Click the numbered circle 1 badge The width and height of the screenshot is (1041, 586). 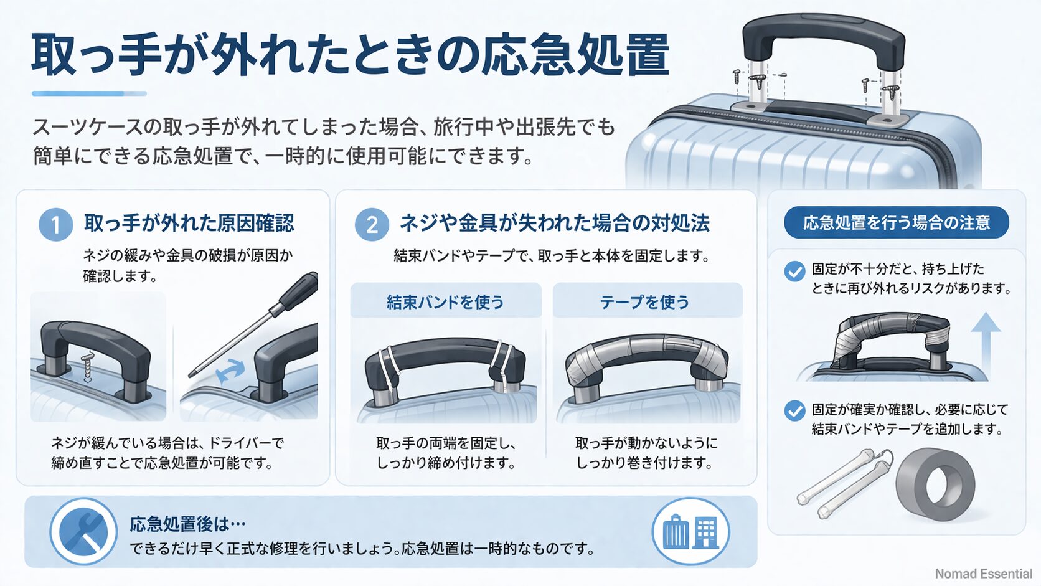(x=55, y=224)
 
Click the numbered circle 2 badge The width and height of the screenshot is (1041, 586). (x=372, y=224)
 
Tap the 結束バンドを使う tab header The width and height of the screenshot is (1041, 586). (x=445, y=302)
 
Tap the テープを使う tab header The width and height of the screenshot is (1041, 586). (x=645, y=302)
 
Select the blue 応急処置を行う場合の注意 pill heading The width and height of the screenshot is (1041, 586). (x=896, y=222)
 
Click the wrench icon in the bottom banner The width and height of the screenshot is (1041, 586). (x=83, y=532)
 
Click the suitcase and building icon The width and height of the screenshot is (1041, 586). (x=690, y=532)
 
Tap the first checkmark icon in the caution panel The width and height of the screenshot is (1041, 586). (x=794, y=272)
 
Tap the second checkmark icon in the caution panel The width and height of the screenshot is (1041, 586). (x=794, y=411)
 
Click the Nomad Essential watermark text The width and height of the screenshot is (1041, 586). (x=983, y=574)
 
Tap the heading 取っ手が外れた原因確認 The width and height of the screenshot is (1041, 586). (x=189, y=223)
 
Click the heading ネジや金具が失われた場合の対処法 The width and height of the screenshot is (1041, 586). (x=554, y=223)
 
